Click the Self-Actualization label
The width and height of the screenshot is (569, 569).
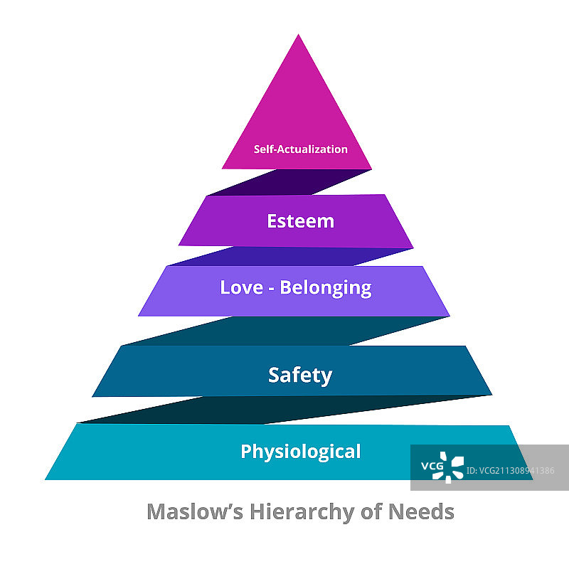[300, 149]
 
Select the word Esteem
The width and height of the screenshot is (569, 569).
[300, 220]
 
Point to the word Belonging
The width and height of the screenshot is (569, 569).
[325, 288]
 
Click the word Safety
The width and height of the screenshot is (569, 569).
[299, 375]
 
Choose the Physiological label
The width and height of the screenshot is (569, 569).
[300, 451]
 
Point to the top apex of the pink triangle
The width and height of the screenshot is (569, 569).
[299, 35]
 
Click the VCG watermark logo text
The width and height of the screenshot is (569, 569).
[432, 467]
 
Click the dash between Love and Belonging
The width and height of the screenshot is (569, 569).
[269, 289]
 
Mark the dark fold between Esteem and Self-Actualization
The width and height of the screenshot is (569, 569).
[288, 182]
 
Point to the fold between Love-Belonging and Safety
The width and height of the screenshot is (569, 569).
[284, 331]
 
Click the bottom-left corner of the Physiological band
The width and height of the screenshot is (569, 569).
[46, 479]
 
